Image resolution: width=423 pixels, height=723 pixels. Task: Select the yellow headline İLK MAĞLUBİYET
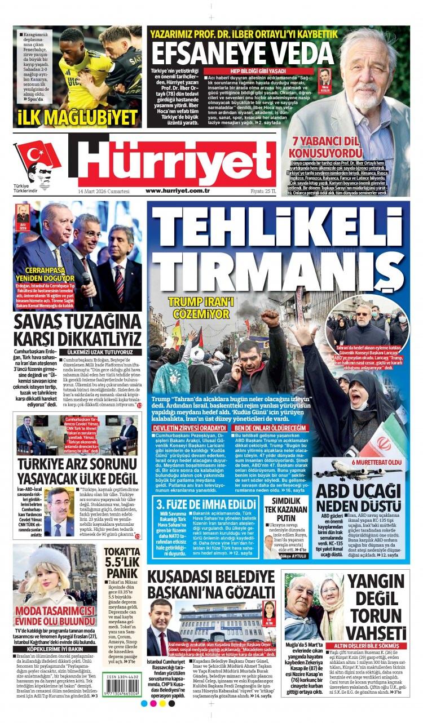coord(78,117)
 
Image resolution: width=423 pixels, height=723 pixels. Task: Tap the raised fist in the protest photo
coord(270,319)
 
